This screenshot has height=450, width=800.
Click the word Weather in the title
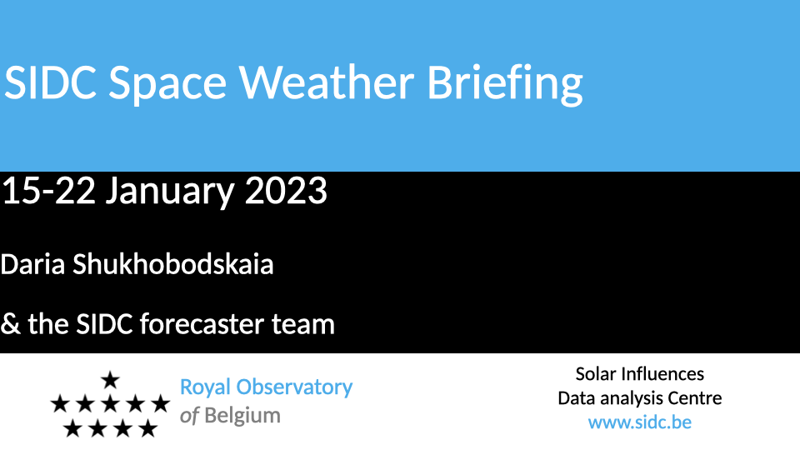(x=327, y=82)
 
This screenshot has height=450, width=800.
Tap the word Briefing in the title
(x=505, y=85)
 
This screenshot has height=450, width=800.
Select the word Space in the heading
(x=167, y=85)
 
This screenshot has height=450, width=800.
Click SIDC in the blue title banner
(x=50, y=82)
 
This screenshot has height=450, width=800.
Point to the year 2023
(x=286, y=191)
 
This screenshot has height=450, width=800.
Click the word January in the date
(x=170, y=192)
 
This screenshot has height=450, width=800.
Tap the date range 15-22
(x=49, y=191)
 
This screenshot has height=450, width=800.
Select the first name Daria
(x=32, y=264)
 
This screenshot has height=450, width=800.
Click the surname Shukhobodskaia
(x=173, y=264)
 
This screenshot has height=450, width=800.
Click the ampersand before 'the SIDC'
(x=10, y=324)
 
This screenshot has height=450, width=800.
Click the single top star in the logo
(x=110, y=380)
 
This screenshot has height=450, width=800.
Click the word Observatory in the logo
(x=294, y=387)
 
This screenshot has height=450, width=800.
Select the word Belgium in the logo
(x=242, y=416)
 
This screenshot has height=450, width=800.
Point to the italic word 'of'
(x=189, y=416)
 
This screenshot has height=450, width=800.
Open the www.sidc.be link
(x=640, y=422)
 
